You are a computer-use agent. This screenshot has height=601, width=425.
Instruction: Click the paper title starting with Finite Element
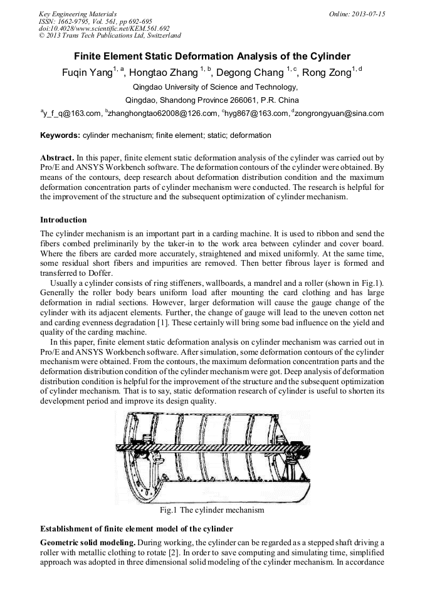pyautogui.click(x=212, y=56)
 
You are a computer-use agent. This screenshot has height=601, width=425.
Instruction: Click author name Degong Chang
pyautogui.click(x=249, y=73)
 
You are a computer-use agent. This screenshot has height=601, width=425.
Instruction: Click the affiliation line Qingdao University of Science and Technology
pyautogui.click(x=211, y=87)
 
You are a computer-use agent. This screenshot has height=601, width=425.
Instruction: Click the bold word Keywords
pyautogui.click(x=60, y=135)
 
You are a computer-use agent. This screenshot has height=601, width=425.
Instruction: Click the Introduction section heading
pyautogui.click(x=63, y=220)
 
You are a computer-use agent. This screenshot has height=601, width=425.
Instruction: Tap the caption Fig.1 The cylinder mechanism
pyautogui.click(x=212, y=510)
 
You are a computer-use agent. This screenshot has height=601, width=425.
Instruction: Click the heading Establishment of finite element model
pyautogui.click(x=136, y=528)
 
